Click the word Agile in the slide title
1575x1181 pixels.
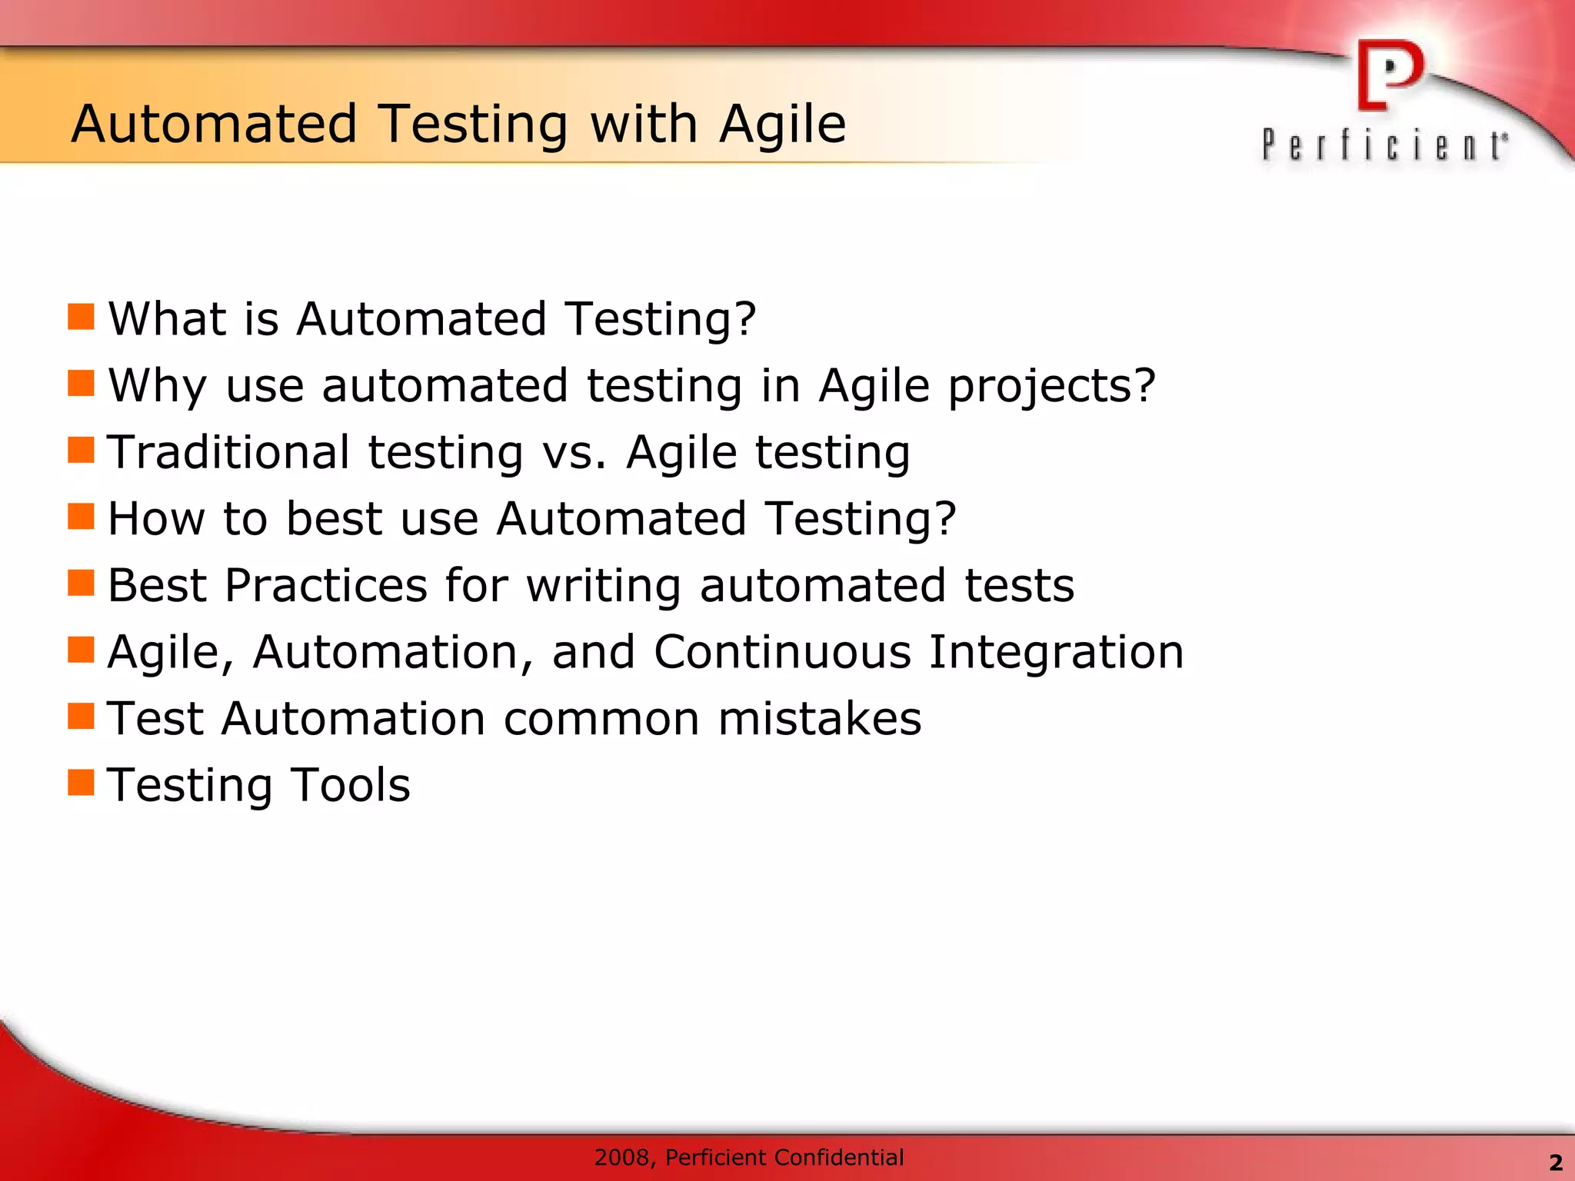(x=782, y=125)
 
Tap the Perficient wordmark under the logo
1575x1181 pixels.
(x=1384, y=145)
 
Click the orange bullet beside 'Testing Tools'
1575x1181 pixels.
(x=81, y=783)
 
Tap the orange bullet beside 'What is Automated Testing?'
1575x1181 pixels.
(x=81, y=316)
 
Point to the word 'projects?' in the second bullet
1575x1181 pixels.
(x=1051, y=386)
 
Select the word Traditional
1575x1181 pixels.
(x=228, y=452)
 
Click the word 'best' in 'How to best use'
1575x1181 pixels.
(x=334, y=518)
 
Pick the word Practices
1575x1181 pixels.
(x=326, y=585)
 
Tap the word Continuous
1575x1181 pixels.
(x=782, y=652)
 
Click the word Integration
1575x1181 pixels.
(x=1056, y=652)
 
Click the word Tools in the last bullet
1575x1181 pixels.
(x=351, y=785)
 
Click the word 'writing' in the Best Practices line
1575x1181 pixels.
(x=603, y=585)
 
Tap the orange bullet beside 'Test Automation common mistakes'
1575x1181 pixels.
(x=81, y=716)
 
